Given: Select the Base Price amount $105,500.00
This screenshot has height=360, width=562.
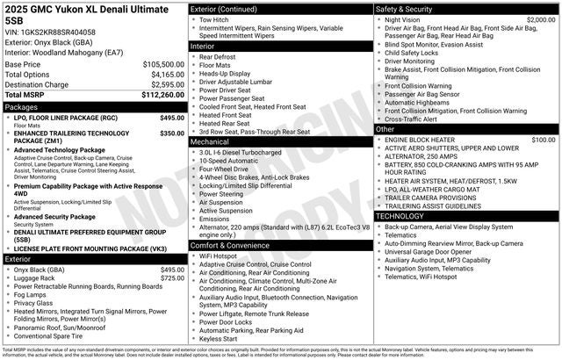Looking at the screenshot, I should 163,64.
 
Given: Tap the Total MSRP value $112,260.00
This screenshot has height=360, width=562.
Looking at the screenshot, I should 163,94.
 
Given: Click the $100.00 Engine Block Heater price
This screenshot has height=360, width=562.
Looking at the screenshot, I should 543,140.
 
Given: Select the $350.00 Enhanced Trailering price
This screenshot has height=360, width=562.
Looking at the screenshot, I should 172,133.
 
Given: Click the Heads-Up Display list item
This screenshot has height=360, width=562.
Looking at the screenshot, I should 227,75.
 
